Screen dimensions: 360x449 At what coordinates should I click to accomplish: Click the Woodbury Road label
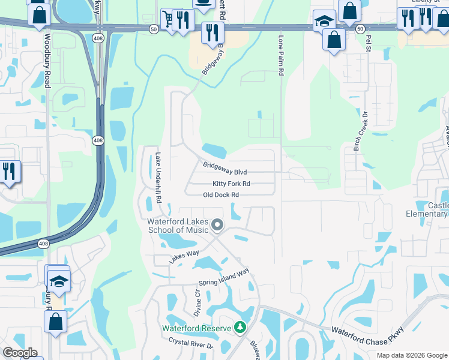tap(47, 61)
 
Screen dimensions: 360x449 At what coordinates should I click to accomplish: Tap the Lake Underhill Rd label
tap(158, 177)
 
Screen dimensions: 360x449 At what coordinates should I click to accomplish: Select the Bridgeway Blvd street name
tap(224, 168)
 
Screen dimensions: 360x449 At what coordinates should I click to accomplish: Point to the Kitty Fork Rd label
tap(231, 184)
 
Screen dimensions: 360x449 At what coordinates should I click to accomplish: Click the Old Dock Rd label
tap(221, 195)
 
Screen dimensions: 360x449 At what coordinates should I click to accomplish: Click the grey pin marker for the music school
tap(217, 226)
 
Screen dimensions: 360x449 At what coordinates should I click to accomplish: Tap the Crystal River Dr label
tap(190, 346)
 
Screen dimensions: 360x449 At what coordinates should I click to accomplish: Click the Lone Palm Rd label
tap(280, 55)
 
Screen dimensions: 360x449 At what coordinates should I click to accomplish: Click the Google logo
tap(20, 353)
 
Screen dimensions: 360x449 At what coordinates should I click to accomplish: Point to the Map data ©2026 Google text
tap(411, 355)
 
